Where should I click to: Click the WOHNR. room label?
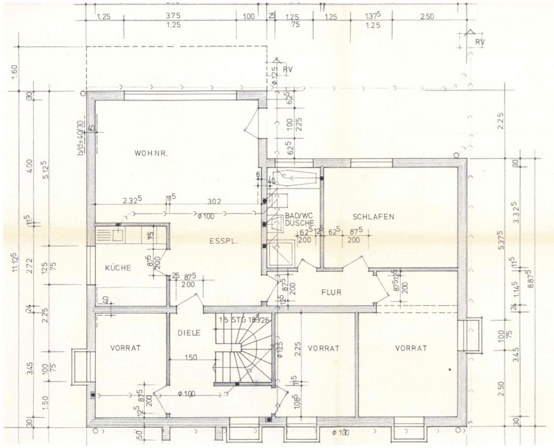(x=151, y=153)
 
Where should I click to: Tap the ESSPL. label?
(x=222, y=241)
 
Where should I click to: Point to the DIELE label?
(x=189, y=332)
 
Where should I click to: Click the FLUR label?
(x=330, y=292)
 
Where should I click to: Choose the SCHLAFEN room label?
(x=373, y=216)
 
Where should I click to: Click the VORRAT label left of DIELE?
(x=126, y=348)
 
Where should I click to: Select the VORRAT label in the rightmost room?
(x=411, y=348)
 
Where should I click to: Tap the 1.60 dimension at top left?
(x=14, y=69)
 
